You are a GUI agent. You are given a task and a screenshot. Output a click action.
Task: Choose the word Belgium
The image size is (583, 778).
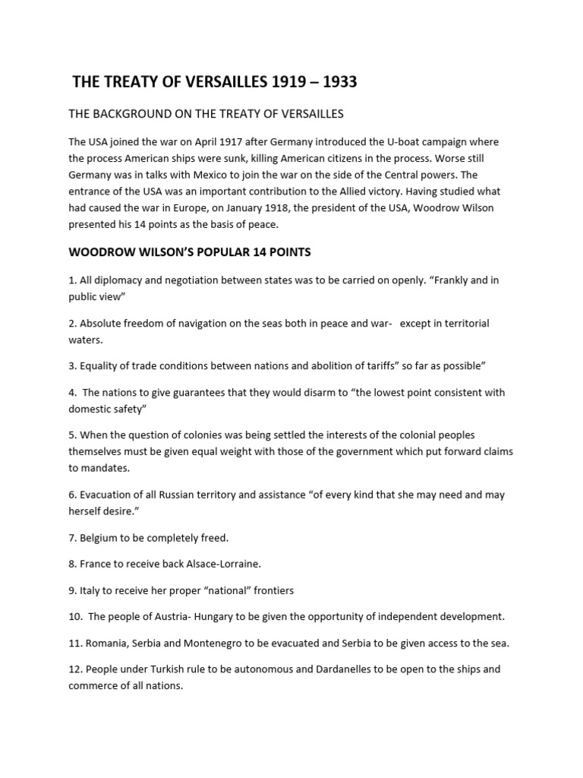pos(101,537)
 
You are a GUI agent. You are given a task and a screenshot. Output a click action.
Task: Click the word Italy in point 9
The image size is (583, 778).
pos(91,590)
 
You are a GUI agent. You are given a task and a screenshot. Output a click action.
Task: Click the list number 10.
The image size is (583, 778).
pos(75,616)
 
